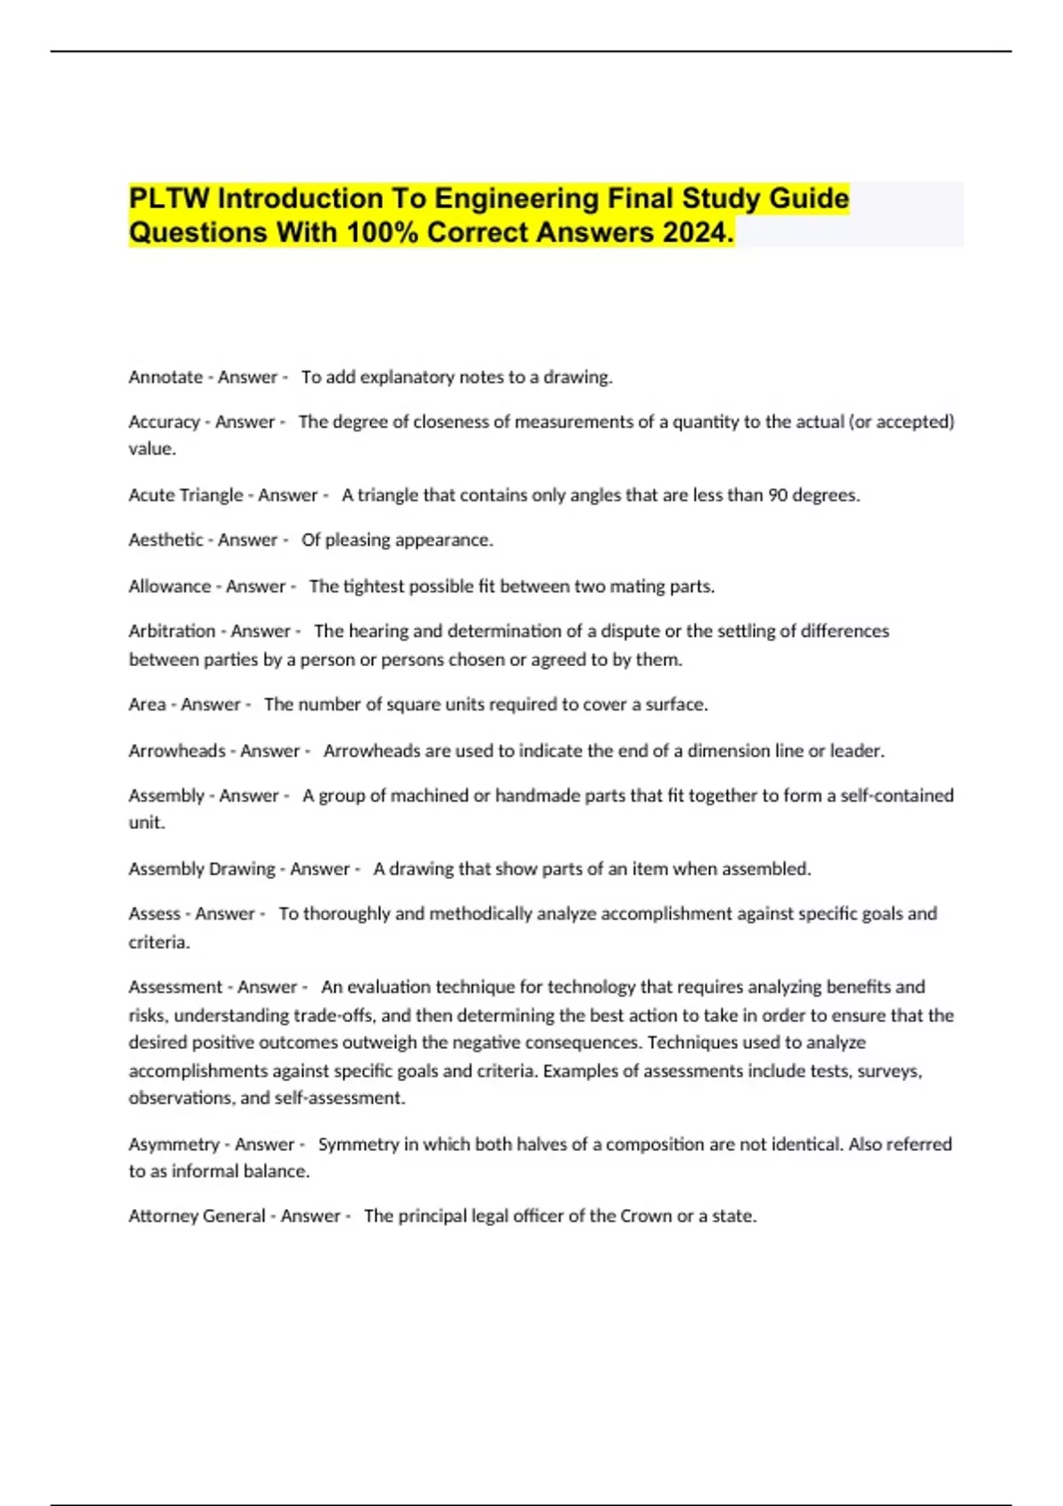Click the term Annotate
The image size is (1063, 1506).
pos(166,377)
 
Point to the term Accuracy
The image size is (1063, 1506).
pos(164,423)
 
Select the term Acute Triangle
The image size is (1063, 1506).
pos(185,495)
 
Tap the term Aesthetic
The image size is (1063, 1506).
pos(166,540)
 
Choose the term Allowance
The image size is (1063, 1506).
pos(170,586)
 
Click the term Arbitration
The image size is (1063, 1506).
pos(172,632)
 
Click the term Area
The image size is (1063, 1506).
pos(147,705)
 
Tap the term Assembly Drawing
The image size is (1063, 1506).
pos(202,869)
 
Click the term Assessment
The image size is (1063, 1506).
pos(175,987)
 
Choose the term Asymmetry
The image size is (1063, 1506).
pos(174,1145)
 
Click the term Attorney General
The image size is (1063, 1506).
pos(197,1216)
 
